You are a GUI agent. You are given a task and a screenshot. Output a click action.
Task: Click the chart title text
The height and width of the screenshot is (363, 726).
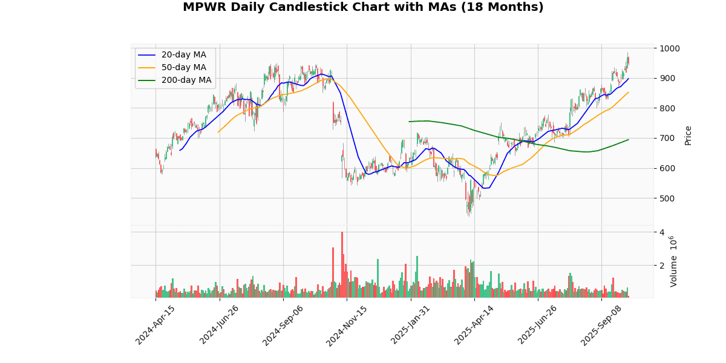pyautogui.click(x=363, y=7)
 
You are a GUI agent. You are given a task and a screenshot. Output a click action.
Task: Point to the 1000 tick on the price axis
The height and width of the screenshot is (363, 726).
pyautogui.click(x=670, y=48)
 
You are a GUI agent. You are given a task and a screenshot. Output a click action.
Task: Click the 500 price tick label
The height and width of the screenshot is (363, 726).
pyautogui.click(x=667, y=198)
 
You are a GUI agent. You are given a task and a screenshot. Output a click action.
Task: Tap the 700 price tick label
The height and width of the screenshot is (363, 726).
pyautogui.click(x=667, y=139)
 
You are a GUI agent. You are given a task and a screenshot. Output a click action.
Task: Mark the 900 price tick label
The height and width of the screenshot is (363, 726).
pyautogui.click(x=667, y=78)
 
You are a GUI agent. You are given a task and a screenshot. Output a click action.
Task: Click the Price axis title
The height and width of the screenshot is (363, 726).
pyautogui.click(x=688, y=136)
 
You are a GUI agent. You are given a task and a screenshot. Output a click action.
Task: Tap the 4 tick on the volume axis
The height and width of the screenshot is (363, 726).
pyautogui.click(x=662, y=232)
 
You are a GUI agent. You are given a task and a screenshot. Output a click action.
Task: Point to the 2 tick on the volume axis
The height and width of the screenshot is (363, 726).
pyautogui.click(x=662, y=266)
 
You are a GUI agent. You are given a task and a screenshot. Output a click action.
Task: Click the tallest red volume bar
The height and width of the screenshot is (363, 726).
pyautogui.click(x=342, y=264)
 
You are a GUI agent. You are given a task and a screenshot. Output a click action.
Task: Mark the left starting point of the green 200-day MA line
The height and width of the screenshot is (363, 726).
pyautogui.click(x=409, y=122)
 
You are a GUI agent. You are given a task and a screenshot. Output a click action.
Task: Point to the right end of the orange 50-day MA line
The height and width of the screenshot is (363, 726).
pyautogui.click(x=629, y=92)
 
